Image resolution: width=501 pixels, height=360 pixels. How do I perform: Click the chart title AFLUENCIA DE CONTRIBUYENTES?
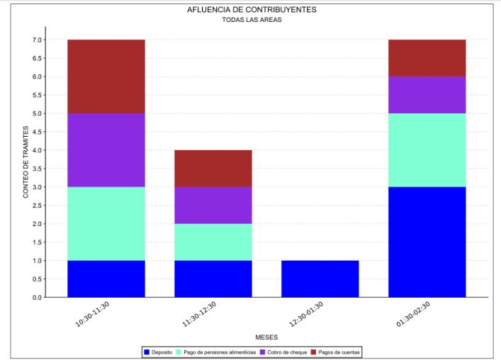252,10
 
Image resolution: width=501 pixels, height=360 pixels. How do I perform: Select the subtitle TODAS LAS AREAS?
252,21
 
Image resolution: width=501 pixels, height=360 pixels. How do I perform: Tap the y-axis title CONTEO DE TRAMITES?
26,162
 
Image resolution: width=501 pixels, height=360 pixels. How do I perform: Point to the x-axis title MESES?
266,337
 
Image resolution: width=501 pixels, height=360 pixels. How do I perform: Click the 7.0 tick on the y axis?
37,40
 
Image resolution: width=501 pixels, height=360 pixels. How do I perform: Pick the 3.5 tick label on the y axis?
37,169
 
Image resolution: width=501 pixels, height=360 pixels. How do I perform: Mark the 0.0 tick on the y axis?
37,298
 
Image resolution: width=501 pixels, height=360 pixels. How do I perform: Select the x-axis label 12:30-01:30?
305,313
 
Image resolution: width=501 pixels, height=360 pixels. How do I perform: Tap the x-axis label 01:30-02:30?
413,313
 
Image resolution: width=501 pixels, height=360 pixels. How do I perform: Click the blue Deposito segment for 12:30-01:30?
320,279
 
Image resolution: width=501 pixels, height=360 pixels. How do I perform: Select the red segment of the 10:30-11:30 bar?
106,77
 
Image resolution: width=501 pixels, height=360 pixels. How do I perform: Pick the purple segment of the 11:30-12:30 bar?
213,205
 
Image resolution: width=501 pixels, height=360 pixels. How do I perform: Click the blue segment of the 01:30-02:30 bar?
427,242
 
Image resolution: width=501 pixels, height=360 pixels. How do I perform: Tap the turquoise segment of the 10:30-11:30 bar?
106,223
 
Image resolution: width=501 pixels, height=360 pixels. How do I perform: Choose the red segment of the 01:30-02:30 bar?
427,58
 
